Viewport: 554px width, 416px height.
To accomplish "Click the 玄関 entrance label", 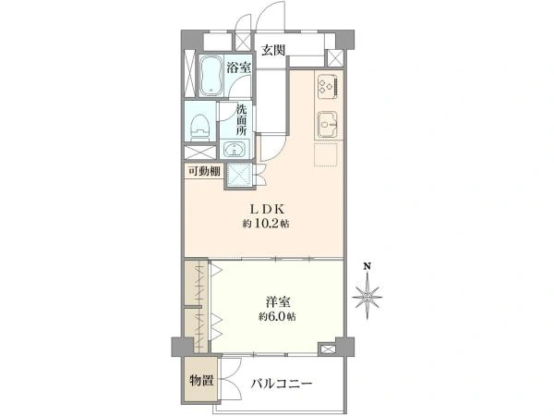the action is tap(273, 50).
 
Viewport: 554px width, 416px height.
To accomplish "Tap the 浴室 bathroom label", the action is tap(238, 67).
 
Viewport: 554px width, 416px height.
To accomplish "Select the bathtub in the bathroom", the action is tap(211, 76).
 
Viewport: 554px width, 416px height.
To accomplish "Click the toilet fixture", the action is tap(200, 128).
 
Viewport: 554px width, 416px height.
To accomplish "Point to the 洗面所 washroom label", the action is tap(241, 120).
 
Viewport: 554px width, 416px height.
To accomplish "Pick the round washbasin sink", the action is tap(235, 150).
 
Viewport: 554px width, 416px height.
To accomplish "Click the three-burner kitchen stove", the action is tap(328, 86).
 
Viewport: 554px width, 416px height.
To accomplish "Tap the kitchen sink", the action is tap(328, 125).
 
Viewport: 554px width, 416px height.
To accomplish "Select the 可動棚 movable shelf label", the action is tap(204, 172).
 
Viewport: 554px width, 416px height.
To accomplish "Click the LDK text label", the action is tap(268, 210).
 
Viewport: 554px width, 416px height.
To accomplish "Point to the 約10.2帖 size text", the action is tap(266, 224).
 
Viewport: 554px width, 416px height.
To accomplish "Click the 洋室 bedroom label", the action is tap(279, 302).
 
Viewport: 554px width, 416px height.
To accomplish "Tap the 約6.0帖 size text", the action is tap(277, 316).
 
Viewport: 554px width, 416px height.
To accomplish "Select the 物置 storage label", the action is tap(201, 381).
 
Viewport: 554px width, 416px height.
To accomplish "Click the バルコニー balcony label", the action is tap(282, 383).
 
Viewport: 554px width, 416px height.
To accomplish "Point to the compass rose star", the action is tap(367, 297).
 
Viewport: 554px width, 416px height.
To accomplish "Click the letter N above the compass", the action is tap(367, 266).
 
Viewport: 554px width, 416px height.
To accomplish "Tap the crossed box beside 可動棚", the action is tap(239, 175).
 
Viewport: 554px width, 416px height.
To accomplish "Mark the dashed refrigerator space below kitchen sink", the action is tap(326, 154).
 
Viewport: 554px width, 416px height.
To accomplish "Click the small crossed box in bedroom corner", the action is tap(327, 349).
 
